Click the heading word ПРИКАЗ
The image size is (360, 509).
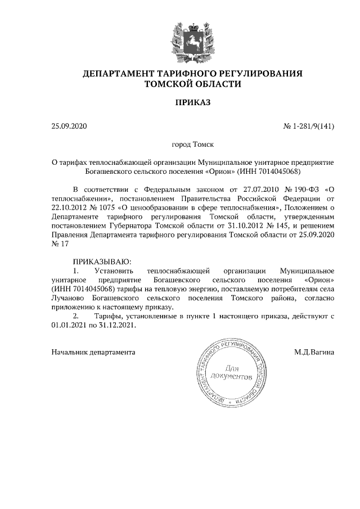click(x=192, y=103)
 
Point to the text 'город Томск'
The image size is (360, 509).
click(x=192, y=145)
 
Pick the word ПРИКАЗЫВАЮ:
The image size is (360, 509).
click(x=102, y=262)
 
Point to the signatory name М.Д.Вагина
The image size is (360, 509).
click(x=314, y=353)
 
